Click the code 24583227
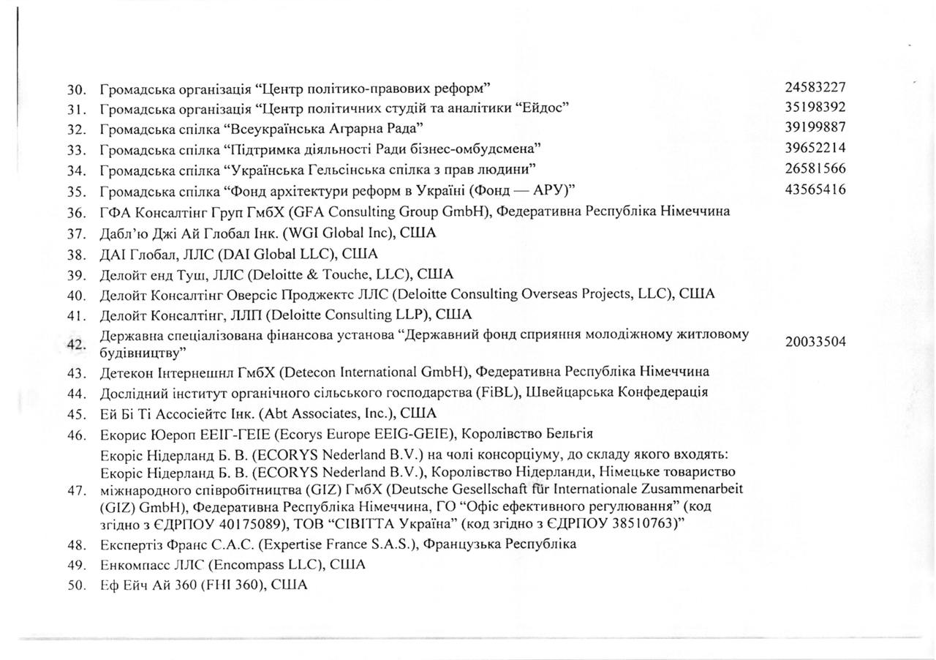[815, 88]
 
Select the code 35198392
[815, 108]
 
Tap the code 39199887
[815, 128]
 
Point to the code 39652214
[815, 149]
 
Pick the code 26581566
[815, 169]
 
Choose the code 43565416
[815, 190]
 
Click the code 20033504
[815, 342]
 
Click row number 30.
[77, 90]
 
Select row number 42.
[77, 344]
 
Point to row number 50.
[77, 585]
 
